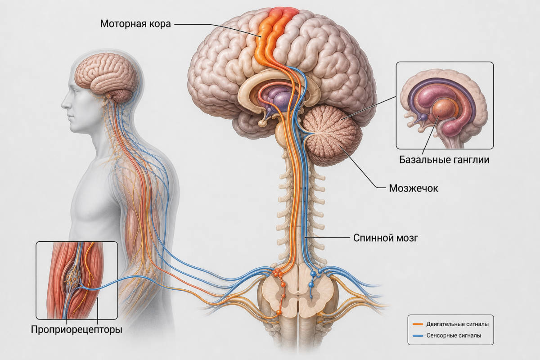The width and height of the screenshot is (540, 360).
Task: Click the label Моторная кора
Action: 135,24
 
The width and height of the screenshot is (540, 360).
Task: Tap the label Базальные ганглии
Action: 444,160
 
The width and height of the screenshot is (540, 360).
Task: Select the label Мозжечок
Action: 414,188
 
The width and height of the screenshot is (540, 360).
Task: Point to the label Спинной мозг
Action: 386,238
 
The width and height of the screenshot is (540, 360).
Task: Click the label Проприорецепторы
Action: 76,329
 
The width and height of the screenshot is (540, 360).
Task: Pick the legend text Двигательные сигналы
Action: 457,324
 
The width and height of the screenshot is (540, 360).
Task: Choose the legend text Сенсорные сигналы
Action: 454,335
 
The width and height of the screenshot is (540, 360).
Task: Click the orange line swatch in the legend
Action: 418,324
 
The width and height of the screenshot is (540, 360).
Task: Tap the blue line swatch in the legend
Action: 418,336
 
